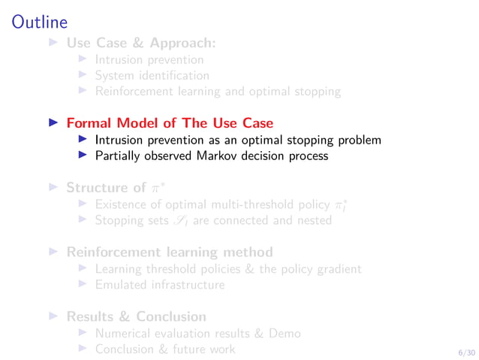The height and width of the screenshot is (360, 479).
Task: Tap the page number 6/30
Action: [466, 351]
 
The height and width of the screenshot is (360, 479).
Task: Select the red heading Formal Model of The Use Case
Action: [170, 123]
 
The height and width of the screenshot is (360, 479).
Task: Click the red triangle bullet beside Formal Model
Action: [53, 123]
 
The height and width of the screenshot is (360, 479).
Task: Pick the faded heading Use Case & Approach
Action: [141, 43]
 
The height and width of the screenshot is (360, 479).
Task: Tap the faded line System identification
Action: [152, 75]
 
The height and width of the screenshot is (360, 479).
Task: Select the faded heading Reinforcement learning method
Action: [170, 252]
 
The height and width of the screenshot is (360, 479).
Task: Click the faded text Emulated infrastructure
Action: [159, 285]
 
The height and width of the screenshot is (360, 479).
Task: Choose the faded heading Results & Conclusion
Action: [136, 316]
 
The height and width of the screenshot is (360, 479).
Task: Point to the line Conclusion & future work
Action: [164, 349]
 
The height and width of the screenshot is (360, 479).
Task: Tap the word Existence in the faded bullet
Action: [119, 204]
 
